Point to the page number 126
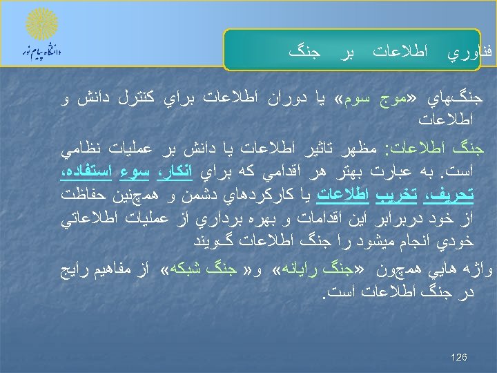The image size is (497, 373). point(458,357)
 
